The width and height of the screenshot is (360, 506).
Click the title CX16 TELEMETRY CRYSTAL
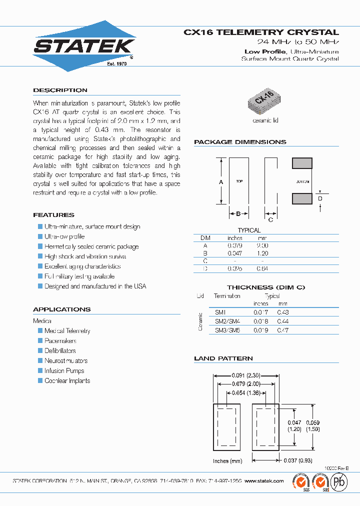click(261, 32)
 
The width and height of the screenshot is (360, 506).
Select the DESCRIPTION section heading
click(60, 90)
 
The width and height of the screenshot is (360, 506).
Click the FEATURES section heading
click(53, 215)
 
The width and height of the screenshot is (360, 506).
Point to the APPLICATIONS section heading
click(61, 309)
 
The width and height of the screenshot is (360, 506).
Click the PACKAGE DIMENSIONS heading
click(240, 142)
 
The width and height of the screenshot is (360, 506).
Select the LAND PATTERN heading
click(223, 358)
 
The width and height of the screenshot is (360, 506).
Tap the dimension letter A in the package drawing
click(221, 182)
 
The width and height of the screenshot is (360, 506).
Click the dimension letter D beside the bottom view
click(320, 199)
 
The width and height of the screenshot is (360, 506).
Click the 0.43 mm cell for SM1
click(283, 312)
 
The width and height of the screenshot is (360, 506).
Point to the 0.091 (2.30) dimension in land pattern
click(245, 375)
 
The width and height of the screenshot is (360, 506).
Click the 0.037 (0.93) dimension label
click(297, 460)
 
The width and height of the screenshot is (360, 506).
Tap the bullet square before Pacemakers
click(40, 340)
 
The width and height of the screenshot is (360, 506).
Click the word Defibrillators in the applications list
click(60, 351)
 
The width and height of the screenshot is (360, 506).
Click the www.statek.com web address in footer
click(264, 480)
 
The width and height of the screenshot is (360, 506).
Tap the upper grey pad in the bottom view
click(302, 163)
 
